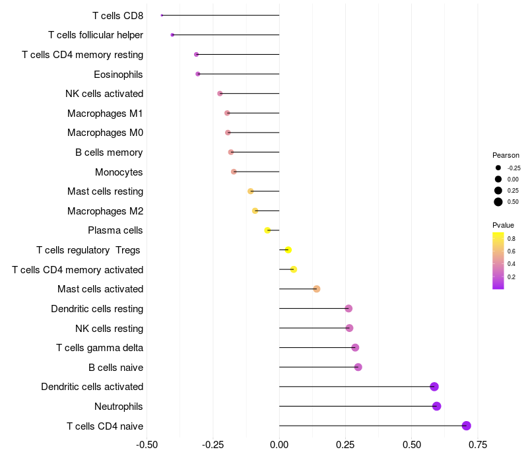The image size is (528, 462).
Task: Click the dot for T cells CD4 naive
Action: pyautogui.click(x=467, y=426)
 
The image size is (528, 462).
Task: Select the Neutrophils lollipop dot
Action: pyautogui.click(x=436, y=406)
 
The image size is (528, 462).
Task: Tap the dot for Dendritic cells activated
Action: pyautogui.click(x=434, y=387)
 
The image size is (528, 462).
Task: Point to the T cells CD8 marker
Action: pyautogui.click(x=162, y=15)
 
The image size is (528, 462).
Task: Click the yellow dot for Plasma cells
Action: pyautogui.click(x=267, y=230)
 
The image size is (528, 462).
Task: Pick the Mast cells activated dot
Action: pyautogui.click(x=317, y=289)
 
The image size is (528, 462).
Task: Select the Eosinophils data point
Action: pyautogui.click(x=198, y=74)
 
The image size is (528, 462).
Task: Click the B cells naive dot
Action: pyautogui.click(x=358, y=367)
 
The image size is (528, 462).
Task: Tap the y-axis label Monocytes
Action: pyautogui.click(x=119, y=172)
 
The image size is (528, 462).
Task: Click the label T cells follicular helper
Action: pyautogui.click(x=96, y=35)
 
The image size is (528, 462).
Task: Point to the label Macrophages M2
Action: pyautogui.click(x=105, y=211)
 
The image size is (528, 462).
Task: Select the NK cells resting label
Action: pyautogui.click(x=109, y=328)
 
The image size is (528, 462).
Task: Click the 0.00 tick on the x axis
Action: pyautogui.click(x=279, y=445)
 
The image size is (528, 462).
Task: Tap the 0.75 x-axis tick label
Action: pyautogui.click(x=478, y=445)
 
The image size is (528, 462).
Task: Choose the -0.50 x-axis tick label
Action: pyautogui.click(x=147, y=445)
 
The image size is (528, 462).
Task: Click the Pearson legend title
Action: pyautogui.click(x=506, y=155)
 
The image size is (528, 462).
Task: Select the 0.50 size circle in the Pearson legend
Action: pyautogui.click(x=498, y=202)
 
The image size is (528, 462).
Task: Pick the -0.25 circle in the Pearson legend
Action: pyautogui.click(x=498, y=168)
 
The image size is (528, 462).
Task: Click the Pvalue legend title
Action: pyautogui.click(x=503, y=225)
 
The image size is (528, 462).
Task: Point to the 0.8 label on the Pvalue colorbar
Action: pyautogui.click(x=511, y=238)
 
